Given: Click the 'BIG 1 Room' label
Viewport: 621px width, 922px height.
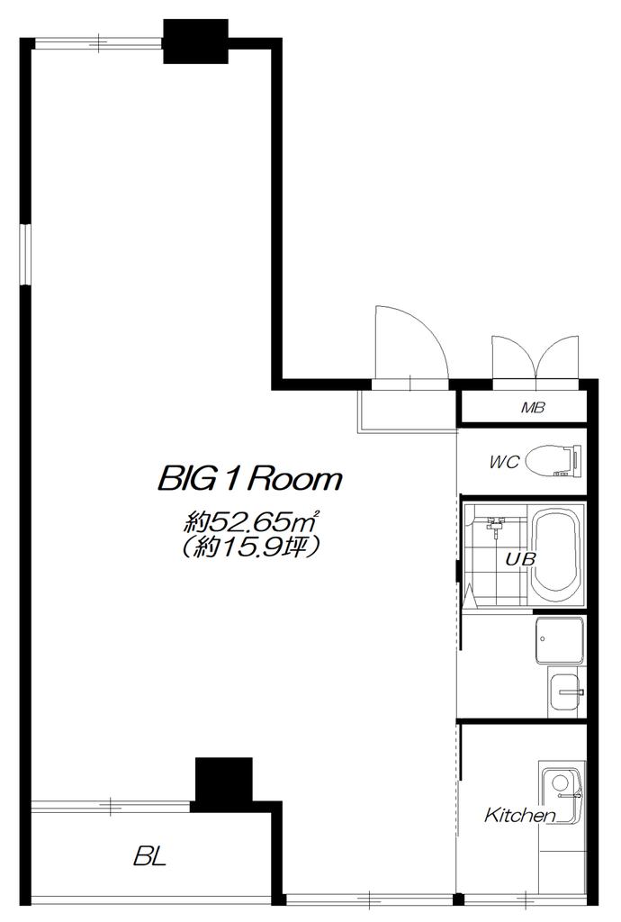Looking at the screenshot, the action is point(249,479).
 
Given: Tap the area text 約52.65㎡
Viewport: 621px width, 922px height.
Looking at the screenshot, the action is point(252,521).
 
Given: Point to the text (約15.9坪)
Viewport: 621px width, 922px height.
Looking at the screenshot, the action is point(252,547).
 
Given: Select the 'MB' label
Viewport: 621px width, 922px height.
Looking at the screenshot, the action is point(533,407).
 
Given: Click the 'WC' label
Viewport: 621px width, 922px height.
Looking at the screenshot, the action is point(505,462).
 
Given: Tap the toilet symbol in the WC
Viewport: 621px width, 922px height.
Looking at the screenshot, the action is point(553,460).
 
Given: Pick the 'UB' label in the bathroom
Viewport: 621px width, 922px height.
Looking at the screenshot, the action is point(520,558).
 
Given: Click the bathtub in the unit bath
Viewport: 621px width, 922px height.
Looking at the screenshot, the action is point(554,554).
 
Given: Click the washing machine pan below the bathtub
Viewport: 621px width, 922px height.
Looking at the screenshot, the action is point(559,640).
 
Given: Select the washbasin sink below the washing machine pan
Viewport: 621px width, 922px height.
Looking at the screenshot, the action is point(566,691).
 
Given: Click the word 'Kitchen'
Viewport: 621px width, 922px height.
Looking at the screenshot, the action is point(520,816).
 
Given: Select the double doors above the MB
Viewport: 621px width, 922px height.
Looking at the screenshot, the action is point(535,357).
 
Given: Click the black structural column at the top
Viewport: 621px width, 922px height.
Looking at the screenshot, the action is point(195,41).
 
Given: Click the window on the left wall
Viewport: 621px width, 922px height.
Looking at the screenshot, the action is point(25,255).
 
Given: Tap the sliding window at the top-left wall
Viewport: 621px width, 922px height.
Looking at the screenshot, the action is point(98,42).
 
